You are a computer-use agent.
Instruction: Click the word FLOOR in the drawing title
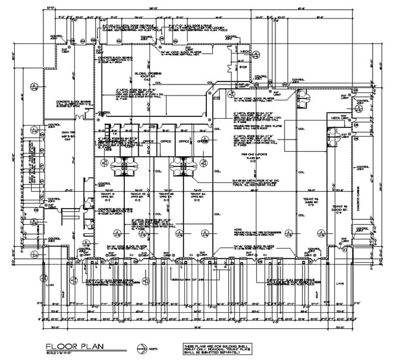pyautogui.click(x=59, y=347)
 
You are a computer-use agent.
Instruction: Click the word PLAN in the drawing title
pyautogui.click(x=89, y=347)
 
